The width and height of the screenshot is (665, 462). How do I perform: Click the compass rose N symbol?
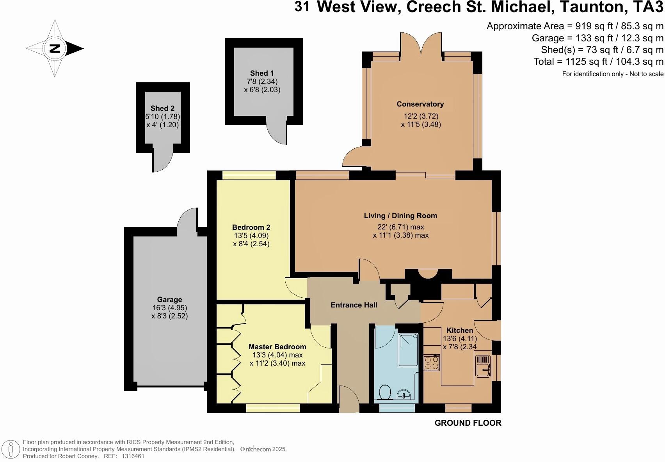click(x=55, y=48)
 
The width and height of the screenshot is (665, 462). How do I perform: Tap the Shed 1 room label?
click(x=262, y=73)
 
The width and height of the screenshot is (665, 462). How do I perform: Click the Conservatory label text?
click(x=420, y=104)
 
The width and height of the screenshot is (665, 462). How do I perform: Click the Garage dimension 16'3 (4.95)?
click(x=169, y=308)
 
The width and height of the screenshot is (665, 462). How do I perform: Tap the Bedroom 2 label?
click(x=251, y=227)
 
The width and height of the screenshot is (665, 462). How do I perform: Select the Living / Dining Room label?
click(x=400, y=216)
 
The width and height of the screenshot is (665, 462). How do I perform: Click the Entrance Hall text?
click(x=354, y=305)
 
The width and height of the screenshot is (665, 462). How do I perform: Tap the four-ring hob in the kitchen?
click(x=432, y=362)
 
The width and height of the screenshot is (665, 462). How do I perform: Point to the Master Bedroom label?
click(x=277, y=347)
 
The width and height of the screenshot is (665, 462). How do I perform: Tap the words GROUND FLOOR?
click(x=468, y=423)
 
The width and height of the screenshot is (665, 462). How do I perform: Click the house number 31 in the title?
click(x=302, y=7)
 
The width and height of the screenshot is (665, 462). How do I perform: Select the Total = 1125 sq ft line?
click(x=598, y=62)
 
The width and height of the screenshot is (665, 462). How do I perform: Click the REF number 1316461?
click(x=133, y=456)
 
